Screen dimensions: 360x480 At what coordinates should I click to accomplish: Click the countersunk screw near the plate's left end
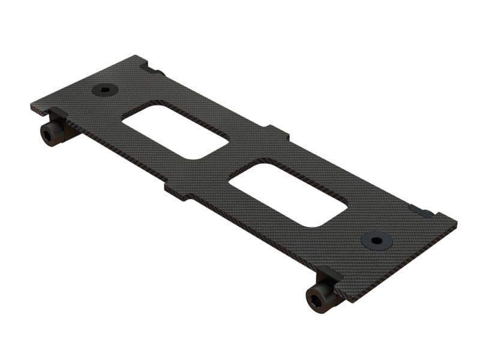(x=105, y=90)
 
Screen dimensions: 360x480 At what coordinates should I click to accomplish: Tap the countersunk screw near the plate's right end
(x=377, y=241)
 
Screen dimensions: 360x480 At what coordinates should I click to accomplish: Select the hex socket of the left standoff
(x=47, y=134)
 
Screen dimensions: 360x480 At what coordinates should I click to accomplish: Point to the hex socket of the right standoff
(x=316, y=298)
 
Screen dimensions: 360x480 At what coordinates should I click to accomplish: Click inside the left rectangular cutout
(x=175, y=132)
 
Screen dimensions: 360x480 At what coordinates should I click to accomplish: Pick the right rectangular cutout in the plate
(x=288, y=193)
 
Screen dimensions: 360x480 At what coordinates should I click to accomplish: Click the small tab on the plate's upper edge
(x=277, y=132)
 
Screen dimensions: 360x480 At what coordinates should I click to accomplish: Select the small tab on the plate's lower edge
(x=178, y=192)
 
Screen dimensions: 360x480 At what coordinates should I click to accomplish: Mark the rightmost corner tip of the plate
(x=455, y=222)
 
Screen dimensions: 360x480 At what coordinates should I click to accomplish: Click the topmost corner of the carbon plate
(x=143, y=56)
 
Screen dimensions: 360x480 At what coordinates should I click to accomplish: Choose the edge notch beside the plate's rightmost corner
(x=424, y=211)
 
